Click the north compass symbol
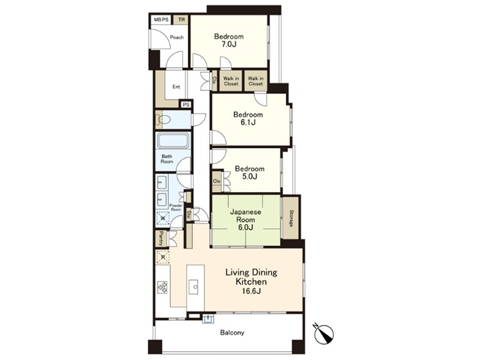coord(325,333)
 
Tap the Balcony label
coord(232,332)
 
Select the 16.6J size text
coord(251,291)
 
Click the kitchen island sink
coord(193,287)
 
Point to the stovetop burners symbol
coord(162,287)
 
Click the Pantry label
coord(160,239)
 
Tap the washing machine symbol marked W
coord(163,218)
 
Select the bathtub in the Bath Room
coord(173,141)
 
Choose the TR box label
coord(182,20)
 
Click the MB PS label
coord(161,20)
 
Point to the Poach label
coord(176,37)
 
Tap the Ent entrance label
coord(176,86)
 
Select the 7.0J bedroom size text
coord(229,44)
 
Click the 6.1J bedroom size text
coord(248,122)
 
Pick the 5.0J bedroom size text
coord(249,176)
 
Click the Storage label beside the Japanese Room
coord(291,218)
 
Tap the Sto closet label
coord(189,214)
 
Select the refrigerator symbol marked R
coord(163,257)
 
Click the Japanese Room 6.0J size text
coord(246,227)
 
